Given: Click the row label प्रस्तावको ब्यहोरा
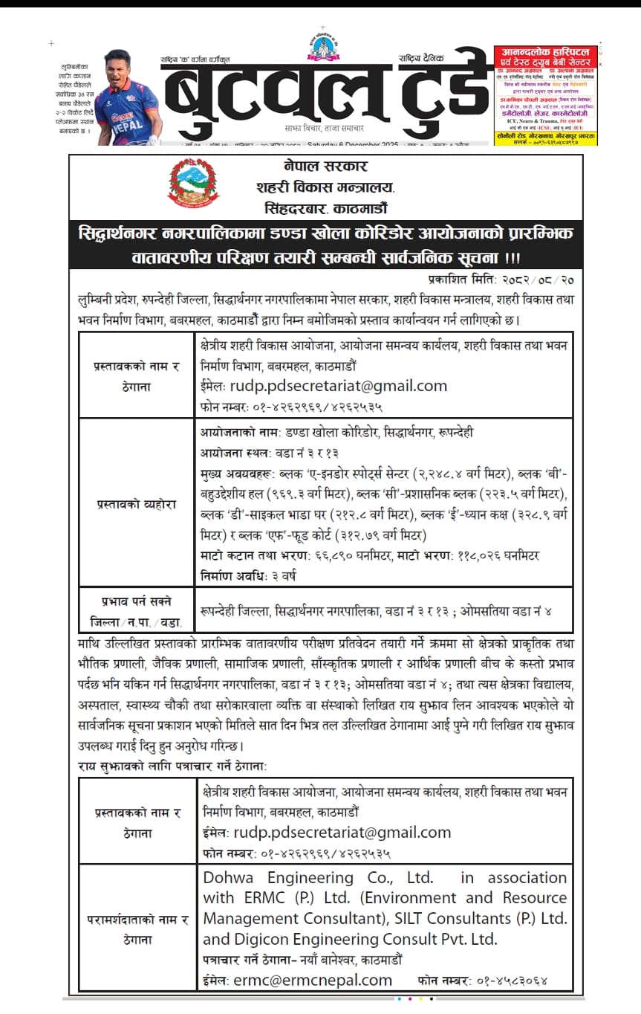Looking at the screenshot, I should (x=136, y=504).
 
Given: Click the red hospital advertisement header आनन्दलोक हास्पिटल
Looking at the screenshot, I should (x=544, y=53).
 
